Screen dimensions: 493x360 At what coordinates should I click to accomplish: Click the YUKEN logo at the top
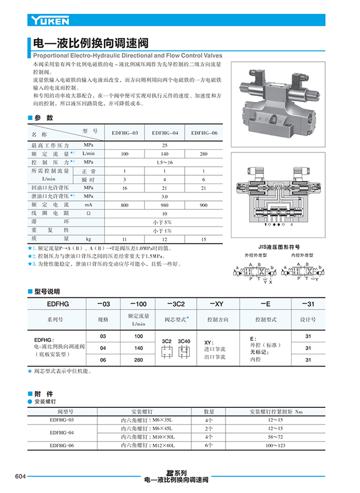(50, 21)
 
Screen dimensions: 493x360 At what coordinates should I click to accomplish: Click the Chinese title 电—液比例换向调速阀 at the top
(89, 43)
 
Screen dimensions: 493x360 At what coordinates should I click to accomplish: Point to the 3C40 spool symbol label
(184, 341)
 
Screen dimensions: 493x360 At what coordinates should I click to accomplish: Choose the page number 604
(20, 476)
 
